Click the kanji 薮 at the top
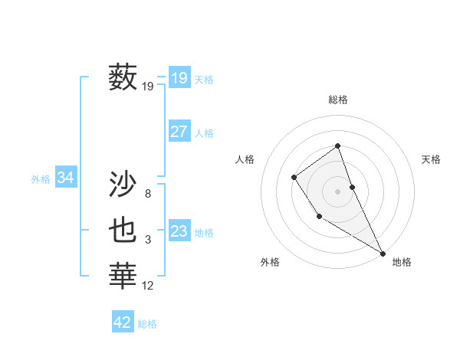(x=123, y=77)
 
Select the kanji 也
(x=123, y=230)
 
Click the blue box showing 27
(x=179, y=132)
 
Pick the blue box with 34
(x=65, y=178)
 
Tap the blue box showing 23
(x=179, y=231)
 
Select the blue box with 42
(x=123, y=322)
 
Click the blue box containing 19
(x=179, y=77)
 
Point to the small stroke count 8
(x=148, y=194)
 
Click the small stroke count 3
(x=148, y=240)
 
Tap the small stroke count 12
(x=148, y=286)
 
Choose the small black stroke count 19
(x=148, y=87)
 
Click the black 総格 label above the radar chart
(x=338, y=100)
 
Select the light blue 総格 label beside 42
(x=147, y=324)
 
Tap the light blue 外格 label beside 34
(x=41, y=179)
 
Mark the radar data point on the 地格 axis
(x=383, y=253)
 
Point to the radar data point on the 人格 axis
(x=294, y=178)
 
